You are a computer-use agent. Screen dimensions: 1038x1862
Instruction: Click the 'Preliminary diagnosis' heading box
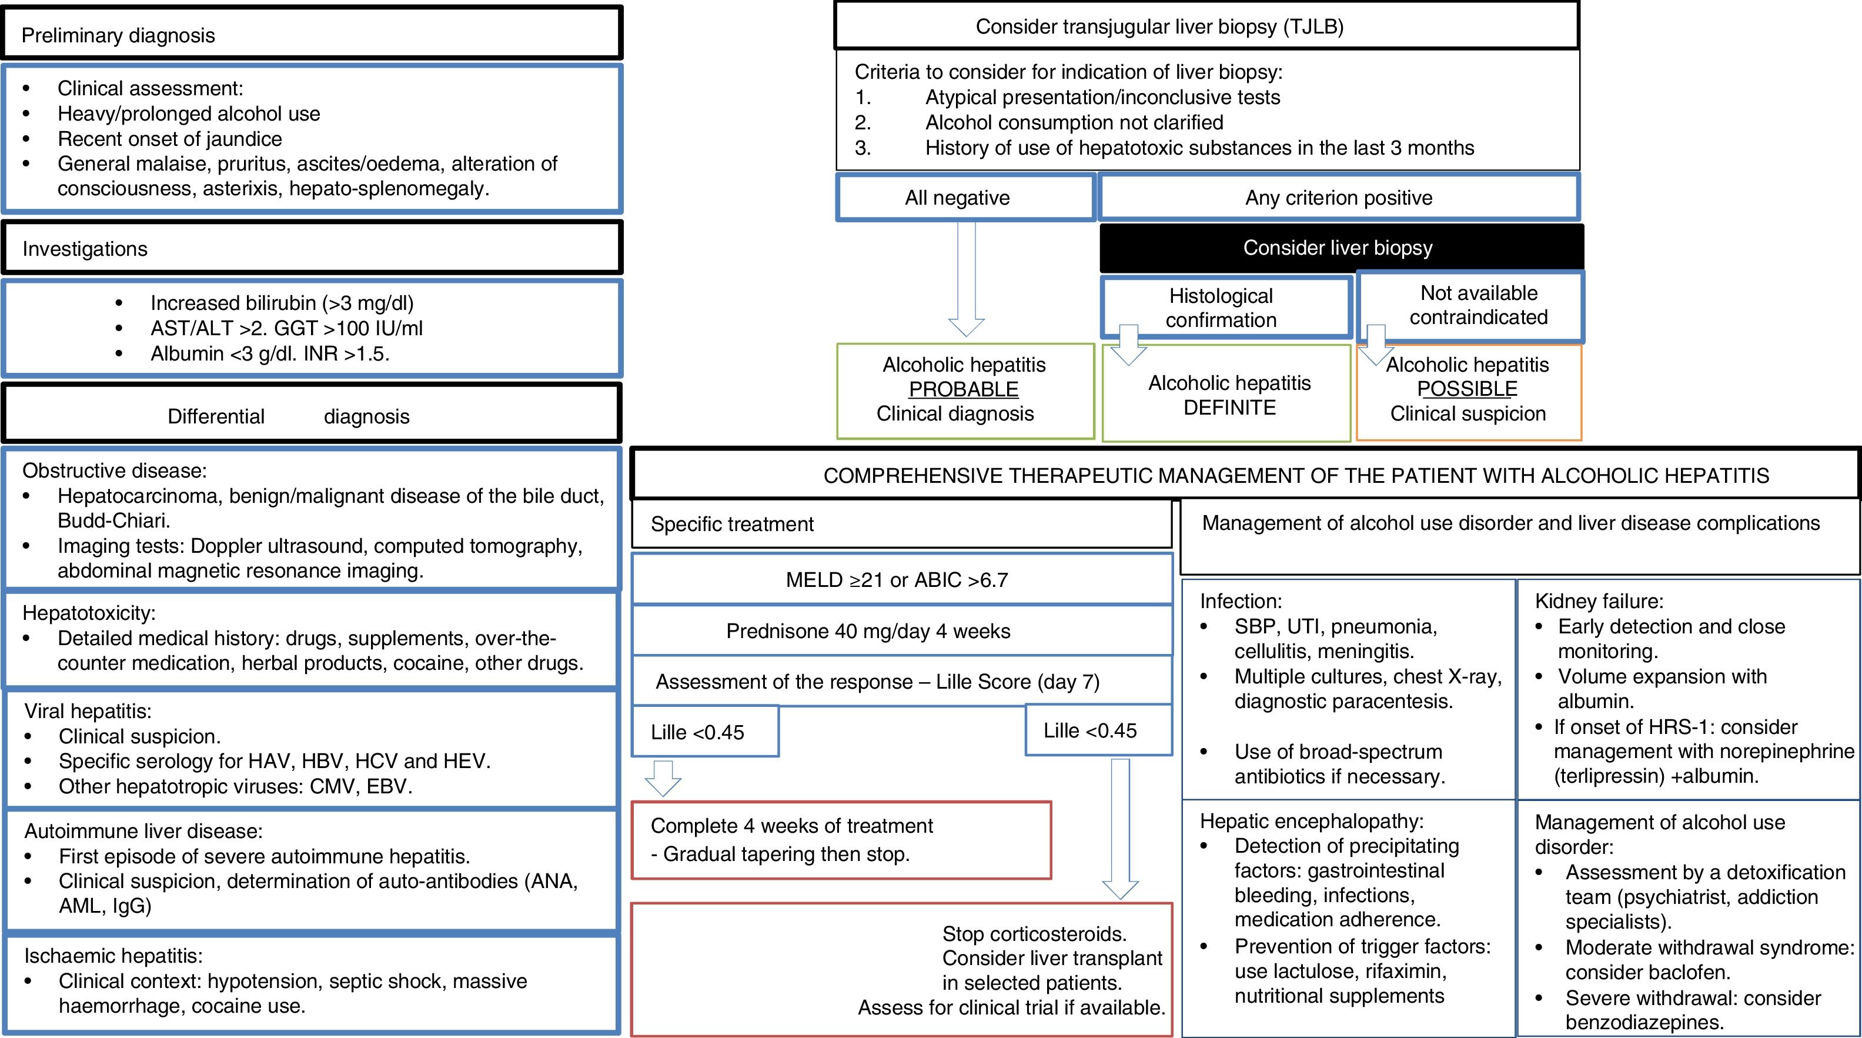(x=312, y=34)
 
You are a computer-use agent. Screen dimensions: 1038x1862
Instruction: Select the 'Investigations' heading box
(x=312, y=248)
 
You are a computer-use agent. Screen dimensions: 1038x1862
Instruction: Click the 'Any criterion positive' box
(x=1338, y=198)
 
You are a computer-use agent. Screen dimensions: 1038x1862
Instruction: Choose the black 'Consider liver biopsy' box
(x=1338, y=247)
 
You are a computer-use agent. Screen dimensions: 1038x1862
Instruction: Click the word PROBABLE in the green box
(x=964, y=389)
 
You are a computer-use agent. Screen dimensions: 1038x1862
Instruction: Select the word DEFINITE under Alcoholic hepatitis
(x=1229, y=408)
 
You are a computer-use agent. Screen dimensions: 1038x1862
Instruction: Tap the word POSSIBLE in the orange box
(x=1467, y=389)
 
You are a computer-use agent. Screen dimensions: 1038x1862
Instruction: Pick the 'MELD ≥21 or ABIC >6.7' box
(x=901, y=580)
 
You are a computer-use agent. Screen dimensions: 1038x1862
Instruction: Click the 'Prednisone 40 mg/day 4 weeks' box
(x=901, y=631)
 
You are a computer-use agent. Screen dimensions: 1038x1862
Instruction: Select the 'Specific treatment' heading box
(x=901, y=524)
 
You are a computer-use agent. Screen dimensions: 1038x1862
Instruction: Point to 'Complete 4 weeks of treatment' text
(x=791, y=826)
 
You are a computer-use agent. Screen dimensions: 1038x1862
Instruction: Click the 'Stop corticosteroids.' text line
(x=1034, y=934)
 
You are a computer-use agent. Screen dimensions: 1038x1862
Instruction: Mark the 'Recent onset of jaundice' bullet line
(x=170, y=139)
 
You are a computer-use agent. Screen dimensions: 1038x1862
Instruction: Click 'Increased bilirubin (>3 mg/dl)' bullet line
(x=282, y=303)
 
